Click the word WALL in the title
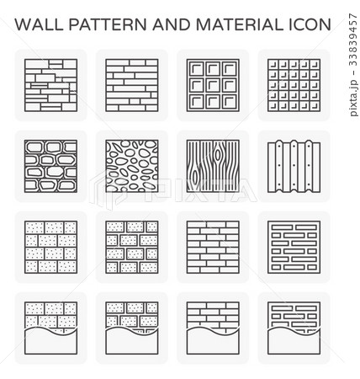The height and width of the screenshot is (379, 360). [x=39, y=24]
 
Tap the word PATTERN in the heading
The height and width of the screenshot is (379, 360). [x=108, y=24]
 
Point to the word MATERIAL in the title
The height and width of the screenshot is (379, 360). [x=240, y=24]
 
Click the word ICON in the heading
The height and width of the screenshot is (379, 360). [x=310, y=24]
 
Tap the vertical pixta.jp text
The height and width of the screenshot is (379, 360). [x=354, y=98]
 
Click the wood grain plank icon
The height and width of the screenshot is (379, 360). [x=213, y=166]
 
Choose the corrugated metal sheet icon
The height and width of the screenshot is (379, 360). [x=294, y=166]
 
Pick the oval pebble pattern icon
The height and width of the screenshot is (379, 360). [x=132, y=166]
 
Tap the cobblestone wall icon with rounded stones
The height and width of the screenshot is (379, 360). [x=50, y=166]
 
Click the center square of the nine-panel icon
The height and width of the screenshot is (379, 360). [x=213, y=85]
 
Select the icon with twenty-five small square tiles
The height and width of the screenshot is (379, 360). [x=294, y=85]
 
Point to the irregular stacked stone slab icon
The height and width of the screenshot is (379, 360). [x=50, y=85]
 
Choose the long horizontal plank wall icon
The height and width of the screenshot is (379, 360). [x=132, y=85]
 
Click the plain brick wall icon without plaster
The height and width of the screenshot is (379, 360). [x=213, y=247]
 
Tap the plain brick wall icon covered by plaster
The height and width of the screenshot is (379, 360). [x=213, y=328]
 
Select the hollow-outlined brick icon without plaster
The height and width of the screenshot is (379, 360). [x=294, y=247]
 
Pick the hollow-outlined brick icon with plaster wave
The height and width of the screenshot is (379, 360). [x=294, y=328]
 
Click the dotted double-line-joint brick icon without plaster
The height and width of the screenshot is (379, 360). [x=132, y=247]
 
